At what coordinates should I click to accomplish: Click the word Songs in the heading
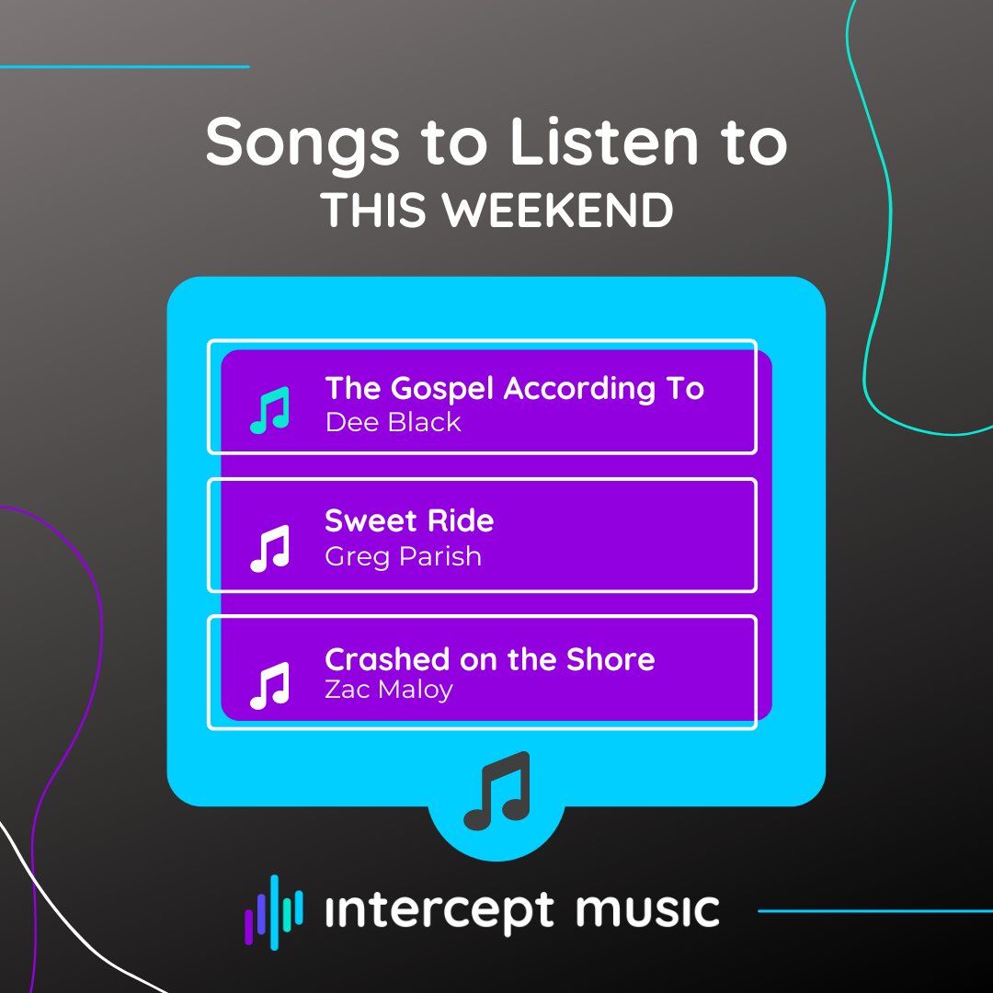(302, 142)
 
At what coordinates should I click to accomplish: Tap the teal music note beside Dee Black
(270, 409)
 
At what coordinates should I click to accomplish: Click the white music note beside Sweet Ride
(270, 548)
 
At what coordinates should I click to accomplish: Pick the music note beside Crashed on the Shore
(270, 685)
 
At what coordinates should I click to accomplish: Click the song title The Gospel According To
(514, 390)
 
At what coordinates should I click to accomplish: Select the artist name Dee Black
(393, 423)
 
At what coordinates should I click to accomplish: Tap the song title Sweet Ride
(409, 521)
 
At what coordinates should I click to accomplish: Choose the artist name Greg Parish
(403, 556)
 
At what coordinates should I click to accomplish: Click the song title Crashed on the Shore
(489, 659)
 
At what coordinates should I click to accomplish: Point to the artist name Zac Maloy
(388, 689)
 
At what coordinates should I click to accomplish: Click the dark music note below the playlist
(497, 791)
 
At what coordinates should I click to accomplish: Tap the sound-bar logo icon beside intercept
(273, 911)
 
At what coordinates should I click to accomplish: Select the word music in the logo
(647, 909)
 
